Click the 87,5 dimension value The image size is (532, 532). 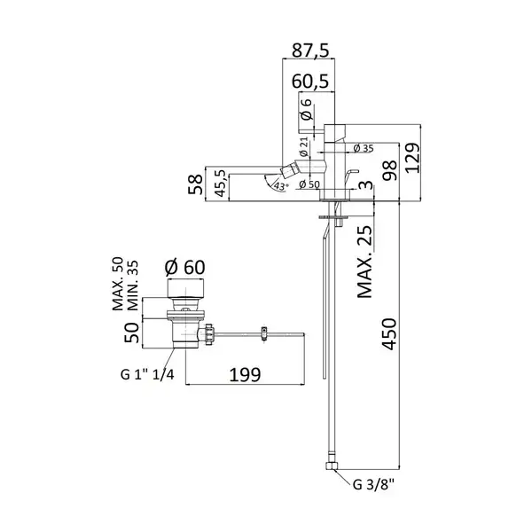(x=311, y=51)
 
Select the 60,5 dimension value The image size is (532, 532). (x=311, y=82)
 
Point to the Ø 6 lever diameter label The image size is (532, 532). (x=306, y=110)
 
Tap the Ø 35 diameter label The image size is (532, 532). (x=363, y=148)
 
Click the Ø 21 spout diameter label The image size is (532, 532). (x=303, y=146)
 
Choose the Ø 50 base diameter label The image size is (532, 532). (x=309, y=184)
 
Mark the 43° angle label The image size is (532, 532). (x=281, y=186)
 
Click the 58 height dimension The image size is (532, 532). (x=195, y=184)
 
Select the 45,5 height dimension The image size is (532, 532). (x=221, y=184)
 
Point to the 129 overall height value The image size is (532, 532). (x=412, y=158)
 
